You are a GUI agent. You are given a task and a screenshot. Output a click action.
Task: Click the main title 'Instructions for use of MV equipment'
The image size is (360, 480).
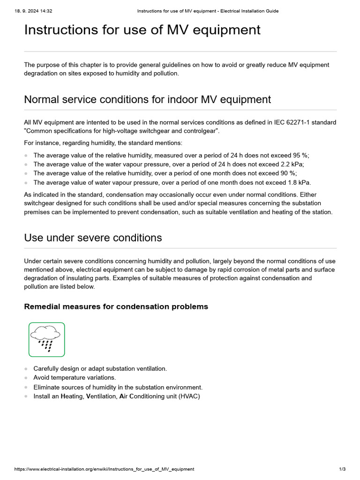142,30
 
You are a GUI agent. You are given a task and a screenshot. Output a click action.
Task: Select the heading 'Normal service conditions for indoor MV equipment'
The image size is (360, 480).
147,99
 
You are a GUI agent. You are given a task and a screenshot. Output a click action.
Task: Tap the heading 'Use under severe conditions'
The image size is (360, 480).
93,238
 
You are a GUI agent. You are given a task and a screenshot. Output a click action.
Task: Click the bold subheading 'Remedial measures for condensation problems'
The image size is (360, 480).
116,307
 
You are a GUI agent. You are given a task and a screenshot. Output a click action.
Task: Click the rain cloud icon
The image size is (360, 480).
46,339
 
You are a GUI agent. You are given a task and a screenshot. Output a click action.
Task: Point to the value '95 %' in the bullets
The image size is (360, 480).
300,156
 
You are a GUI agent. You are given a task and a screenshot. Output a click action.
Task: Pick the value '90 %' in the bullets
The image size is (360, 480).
288,173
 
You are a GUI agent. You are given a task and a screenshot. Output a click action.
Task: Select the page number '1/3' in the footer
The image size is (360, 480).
342,469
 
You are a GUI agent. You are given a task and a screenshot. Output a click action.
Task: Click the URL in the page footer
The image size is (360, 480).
104,469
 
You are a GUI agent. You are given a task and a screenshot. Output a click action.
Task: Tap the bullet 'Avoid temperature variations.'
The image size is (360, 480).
75,378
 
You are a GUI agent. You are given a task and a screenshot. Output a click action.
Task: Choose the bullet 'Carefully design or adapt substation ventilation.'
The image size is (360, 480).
100,369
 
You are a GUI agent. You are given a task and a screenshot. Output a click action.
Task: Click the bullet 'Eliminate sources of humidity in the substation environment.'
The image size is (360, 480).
118,388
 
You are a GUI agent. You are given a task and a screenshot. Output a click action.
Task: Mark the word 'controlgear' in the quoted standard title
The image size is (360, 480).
202,131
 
